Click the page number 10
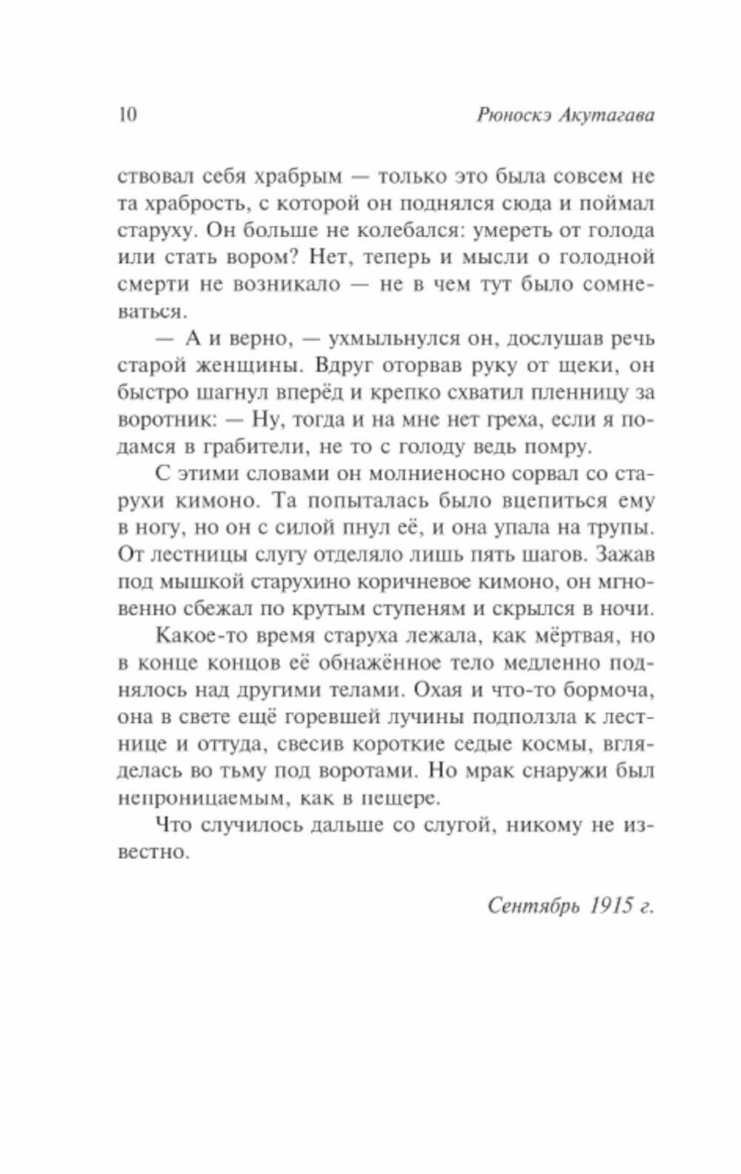127,116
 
